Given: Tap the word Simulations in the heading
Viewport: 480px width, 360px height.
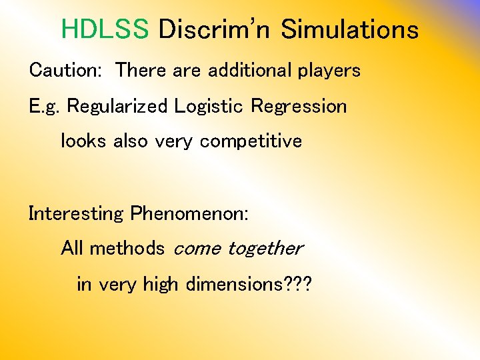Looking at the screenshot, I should (349, 29).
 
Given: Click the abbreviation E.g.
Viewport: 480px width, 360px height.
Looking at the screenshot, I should (45, 107).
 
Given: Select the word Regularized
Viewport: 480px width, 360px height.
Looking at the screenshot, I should (118, 107).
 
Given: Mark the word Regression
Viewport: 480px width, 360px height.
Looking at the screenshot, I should (299, 107).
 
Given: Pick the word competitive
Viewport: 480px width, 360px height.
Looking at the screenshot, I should (251, 142).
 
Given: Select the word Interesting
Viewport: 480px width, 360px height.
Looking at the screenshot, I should (76, 214).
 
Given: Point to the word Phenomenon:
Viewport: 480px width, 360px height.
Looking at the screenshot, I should (189, 213).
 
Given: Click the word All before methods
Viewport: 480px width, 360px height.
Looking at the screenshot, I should (72, 249).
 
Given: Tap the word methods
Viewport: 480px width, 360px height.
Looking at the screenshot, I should (127, 249).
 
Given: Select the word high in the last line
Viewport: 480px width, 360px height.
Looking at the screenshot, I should (160, 285).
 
